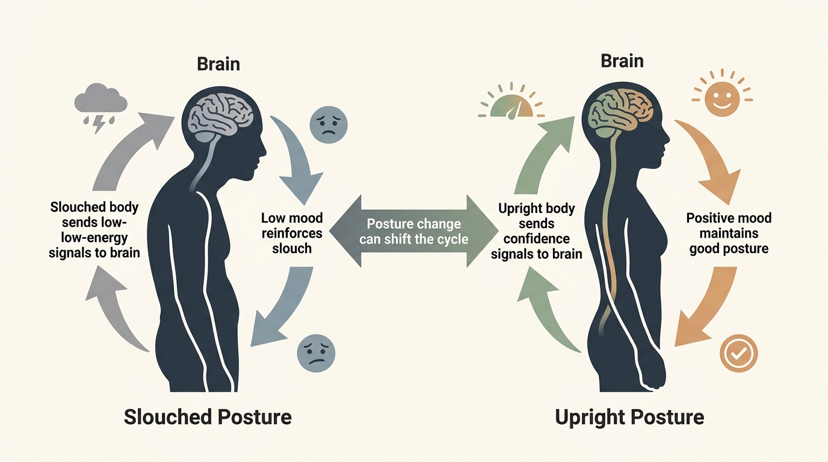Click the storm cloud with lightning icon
(100, 105)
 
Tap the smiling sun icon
(721, 95)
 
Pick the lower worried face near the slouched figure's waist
(316, 351)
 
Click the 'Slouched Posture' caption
(208, 416)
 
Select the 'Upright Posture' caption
(629, 416)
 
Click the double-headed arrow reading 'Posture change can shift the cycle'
(413, 230)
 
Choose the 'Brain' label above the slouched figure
(218, 64)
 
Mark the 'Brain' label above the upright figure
(622, 61)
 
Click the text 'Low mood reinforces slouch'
(292, 233)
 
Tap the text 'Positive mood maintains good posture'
(729, 233)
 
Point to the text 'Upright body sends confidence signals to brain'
(537, 232)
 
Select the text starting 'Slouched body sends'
(94, 230)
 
